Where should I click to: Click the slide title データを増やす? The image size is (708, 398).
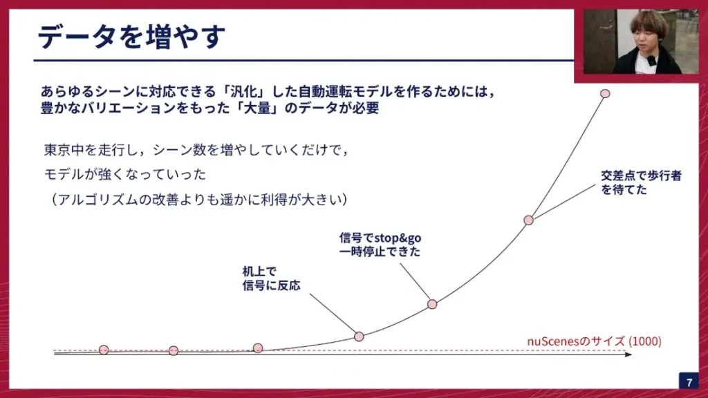pyautogui.click(x=131, y=36)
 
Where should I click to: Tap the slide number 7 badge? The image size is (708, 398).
pyautogui.click(x=689, y=381)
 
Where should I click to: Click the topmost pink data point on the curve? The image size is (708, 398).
pyautogui.click(x=605, y=93)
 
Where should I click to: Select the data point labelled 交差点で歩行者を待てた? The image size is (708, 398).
pyautogui.click(x=528, y=220)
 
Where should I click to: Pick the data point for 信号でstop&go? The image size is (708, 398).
pyautogui.click(x=432, y=304)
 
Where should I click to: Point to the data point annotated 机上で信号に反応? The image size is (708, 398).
pyautogui.click(x=359, y=337)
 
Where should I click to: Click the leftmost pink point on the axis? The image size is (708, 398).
pyautogui.click(x=104, y=350)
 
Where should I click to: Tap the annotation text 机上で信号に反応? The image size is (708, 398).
pyautogui.click(x=271, y=278)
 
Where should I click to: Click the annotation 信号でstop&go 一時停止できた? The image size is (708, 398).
pyautogui.click(x=380, y=244)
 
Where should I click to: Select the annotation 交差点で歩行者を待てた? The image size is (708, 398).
pyautogui.click(x=641, y=182)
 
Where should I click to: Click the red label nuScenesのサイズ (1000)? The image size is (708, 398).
pyautogui.click(x=594, y=341)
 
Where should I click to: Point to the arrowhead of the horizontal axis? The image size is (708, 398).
pyautogui.click(x=628, y=354)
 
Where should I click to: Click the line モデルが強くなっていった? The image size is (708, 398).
pyautogui.click(x=124, y=174)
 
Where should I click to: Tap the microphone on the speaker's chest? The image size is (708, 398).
pyautogui.click(x=651, y=60)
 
